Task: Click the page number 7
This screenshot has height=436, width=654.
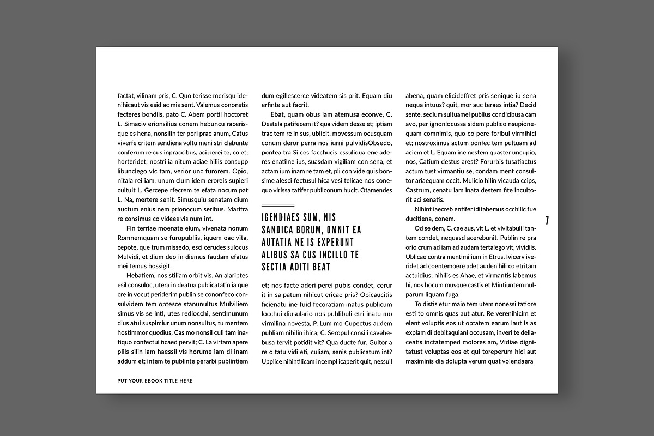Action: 547,220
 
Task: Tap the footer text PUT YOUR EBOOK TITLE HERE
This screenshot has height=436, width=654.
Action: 155,381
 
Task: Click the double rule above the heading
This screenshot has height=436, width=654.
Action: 278,206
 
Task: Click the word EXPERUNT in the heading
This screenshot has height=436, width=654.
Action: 332,242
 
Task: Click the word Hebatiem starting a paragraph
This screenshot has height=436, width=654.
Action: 140,275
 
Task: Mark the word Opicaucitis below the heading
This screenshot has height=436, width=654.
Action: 372,294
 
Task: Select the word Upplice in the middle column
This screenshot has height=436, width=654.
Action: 273,361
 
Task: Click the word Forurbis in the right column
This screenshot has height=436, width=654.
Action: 501,162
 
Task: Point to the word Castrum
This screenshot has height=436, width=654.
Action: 418,190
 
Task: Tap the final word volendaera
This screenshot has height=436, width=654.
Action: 514,361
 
